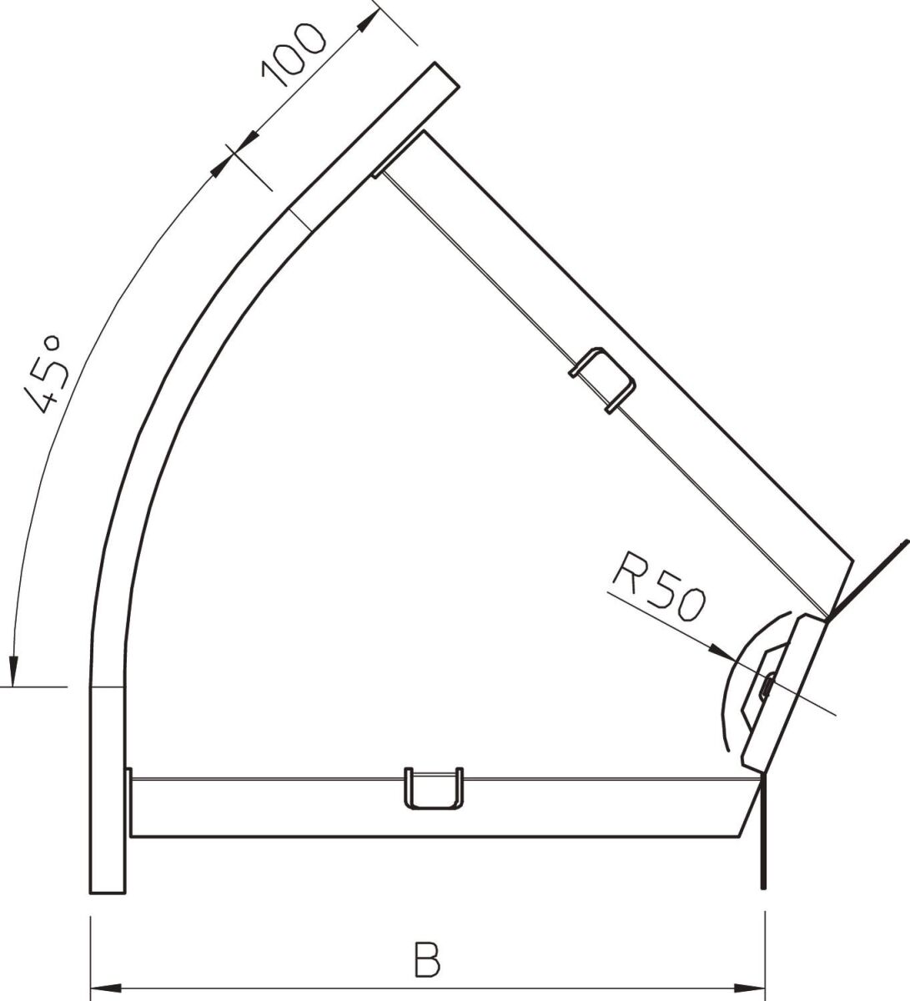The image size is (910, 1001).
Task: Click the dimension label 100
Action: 293,55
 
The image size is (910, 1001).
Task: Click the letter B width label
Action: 426,960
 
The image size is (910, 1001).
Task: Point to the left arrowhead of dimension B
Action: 103,988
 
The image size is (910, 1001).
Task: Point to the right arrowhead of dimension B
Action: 751,988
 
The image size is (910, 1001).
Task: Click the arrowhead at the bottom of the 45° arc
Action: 13,668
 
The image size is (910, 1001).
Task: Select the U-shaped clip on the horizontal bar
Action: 433,787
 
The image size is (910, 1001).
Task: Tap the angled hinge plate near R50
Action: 782,692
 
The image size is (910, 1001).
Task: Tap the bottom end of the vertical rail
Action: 108,884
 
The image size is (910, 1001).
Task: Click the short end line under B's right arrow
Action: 762,868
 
